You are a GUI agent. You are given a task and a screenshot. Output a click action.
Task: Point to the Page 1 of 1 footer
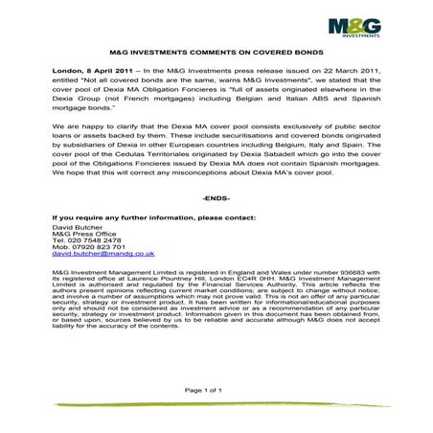point(216,389)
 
